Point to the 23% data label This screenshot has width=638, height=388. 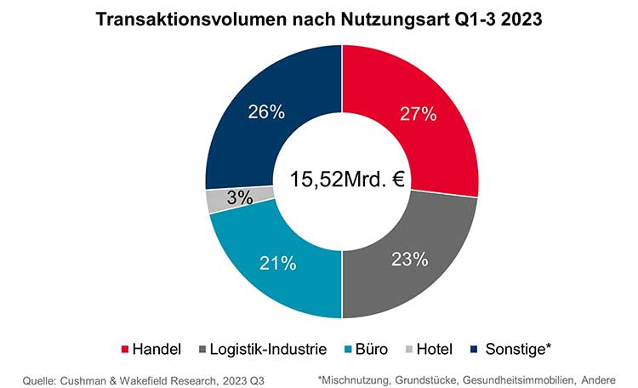[x=408, y=260]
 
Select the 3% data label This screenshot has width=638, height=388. [x=240, y=198]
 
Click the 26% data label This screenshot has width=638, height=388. [x=266, y=111]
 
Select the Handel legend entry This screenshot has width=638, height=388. [x=153, y=349]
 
